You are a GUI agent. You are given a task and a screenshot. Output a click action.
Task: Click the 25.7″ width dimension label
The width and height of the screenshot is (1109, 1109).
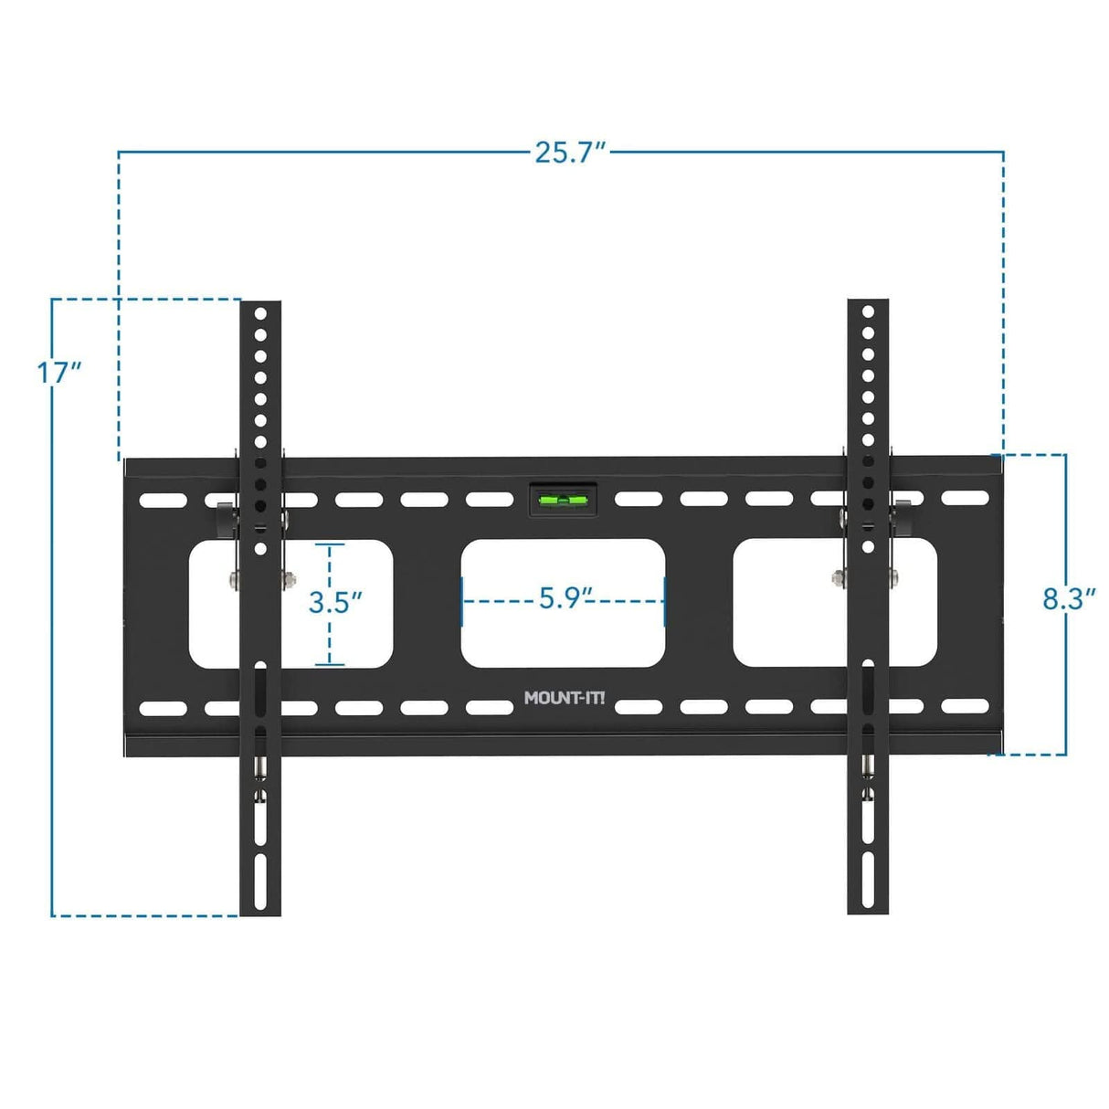point(570,153)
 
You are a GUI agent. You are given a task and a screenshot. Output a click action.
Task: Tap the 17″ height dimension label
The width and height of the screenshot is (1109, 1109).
point(58,373)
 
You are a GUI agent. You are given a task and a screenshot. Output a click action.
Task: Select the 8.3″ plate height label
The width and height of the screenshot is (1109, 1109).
point(1068,599)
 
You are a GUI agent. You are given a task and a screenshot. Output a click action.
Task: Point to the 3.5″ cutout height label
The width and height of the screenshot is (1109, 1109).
point(335,603)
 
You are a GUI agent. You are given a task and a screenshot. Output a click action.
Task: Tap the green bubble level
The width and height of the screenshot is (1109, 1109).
point(563,500)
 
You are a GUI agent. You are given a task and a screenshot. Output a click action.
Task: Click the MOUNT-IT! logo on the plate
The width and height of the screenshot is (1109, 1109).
point(564,699)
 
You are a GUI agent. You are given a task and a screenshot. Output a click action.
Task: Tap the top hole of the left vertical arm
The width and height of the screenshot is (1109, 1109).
point(260,312)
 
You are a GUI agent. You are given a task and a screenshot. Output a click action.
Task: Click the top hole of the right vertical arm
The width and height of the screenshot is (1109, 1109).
point(868,312)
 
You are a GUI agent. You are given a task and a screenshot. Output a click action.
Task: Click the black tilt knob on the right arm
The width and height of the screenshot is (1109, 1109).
point(903,519)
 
